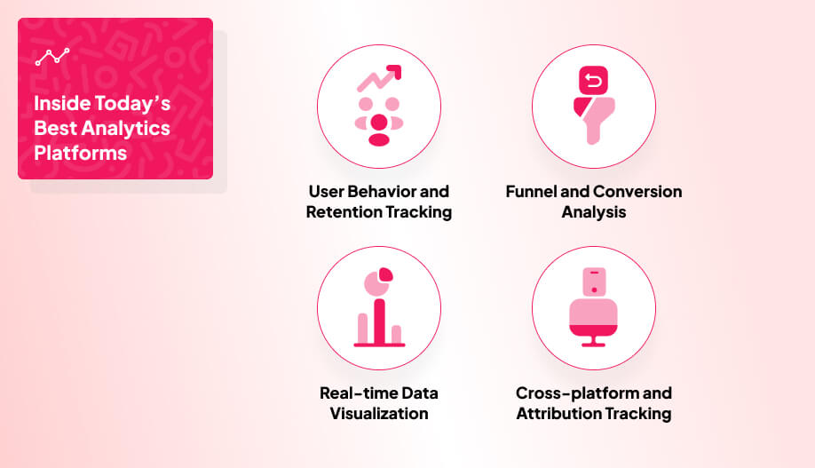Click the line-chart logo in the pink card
click(52, 57)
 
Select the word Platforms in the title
click(81, 154)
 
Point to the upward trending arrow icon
click(379, 78)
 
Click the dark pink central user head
click(379, 123)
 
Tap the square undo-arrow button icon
click(593, 81)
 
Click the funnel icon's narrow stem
click(593, 132)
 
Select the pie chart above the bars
click(378, 282)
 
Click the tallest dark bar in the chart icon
click(379, 321)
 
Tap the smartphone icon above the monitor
click(594, 282)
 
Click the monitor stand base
click(593, 345)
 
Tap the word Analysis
click(594, 212)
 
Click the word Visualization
click(379, 414)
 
